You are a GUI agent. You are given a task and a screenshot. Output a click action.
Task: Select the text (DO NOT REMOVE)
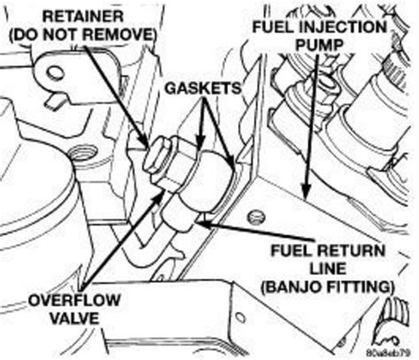(x=79, y=35)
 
